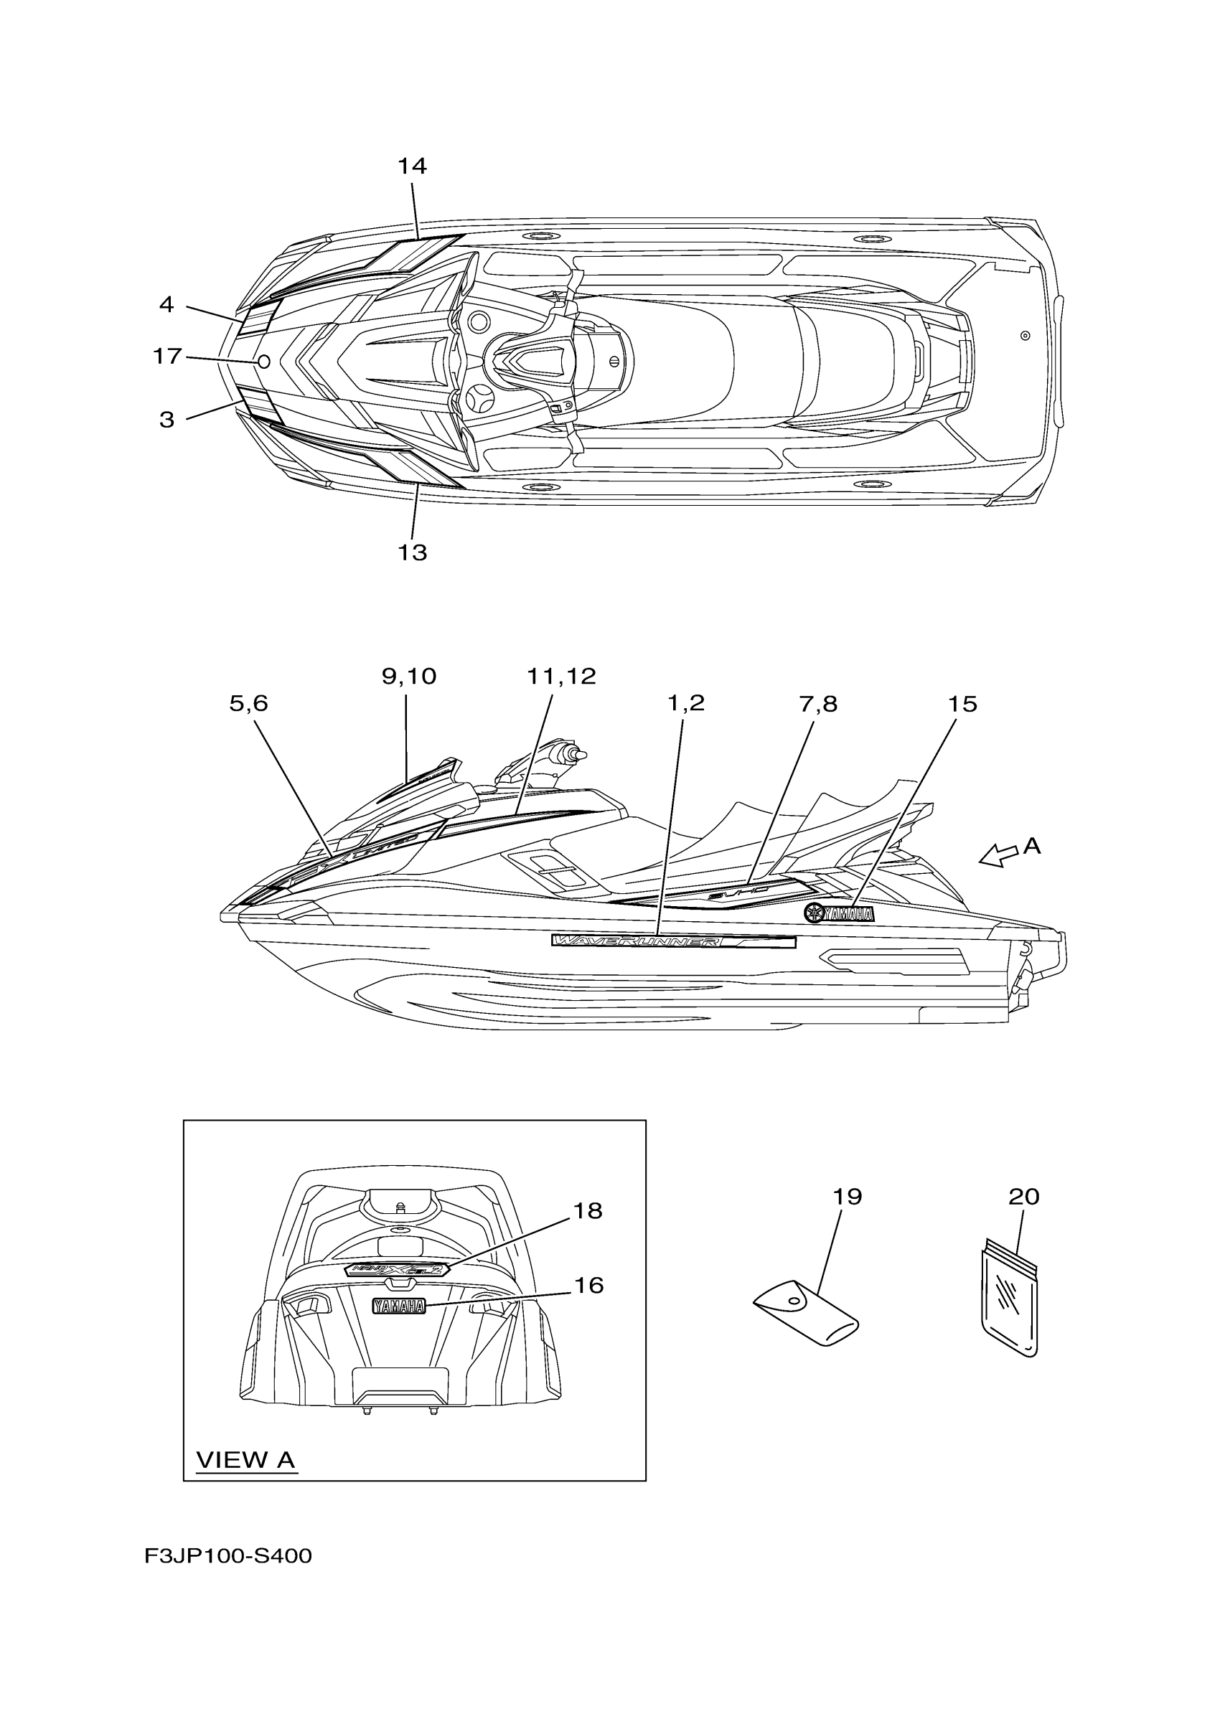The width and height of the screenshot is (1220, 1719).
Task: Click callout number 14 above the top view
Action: click(x=412, y=166)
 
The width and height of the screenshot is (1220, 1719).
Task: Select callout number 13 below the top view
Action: click(x=413, y=552)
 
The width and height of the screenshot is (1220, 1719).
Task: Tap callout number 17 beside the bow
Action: click(x=167, y=356)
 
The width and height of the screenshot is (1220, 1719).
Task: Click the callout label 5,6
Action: click(x=248, y=703)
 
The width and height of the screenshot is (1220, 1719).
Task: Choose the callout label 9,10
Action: click(x=408, y=676)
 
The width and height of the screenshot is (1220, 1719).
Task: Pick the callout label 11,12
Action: click(x=561, y=676)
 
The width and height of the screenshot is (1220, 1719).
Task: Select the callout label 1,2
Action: click(x=686, y=703)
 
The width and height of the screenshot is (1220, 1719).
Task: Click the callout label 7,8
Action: click(x=817, y=704)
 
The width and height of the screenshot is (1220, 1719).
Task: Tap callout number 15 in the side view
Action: click(x=962, y=704)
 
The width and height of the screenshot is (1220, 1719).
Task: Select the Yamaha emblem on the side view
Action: click(x=839, y=913)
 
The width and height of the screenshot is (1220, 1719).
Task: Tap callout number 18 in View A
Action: click(x=588, y=1210)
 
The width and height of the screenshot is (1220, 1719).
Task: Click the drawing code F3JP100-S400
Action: click(x=228, y=1556)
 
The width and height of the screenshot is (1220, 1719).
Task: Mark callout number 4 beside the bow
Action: click(x=166, y=304)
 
